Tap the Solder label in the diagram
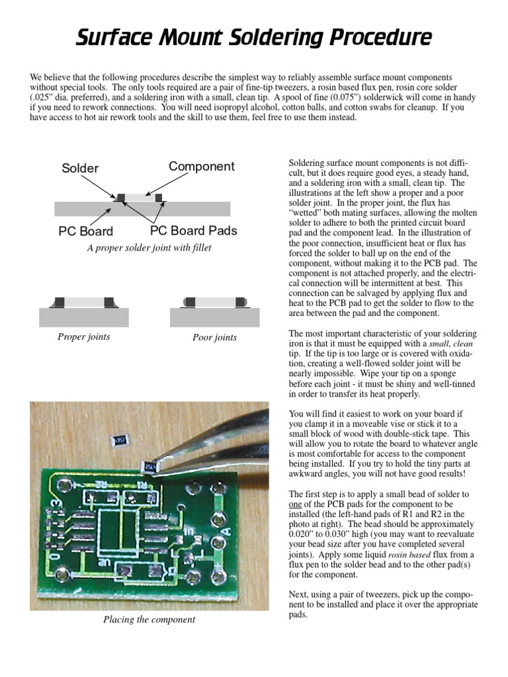click(x=80, y=168)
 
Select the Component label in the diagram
click(x=202, y=166)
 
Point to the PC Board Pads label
click(x=194, y=231)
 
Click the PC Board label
click(x=85, y=231)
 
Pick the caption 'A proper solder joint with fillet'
click(x=149, y=248)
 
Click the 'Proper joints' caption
click(x=84, y=337)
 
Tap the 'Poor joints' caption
click(x=214, y=337)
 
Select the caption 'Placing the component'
click(x=149, y=619)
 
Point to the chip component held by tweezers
click(x=149, y=467)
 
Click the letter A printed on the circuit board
click(x=227, y=530)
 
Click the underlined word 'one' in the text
click(x=296, y=504)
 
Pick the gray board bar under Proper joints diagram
click(x=84, y=317)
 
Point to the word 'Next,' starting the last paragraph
click(x=300, y=594)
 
